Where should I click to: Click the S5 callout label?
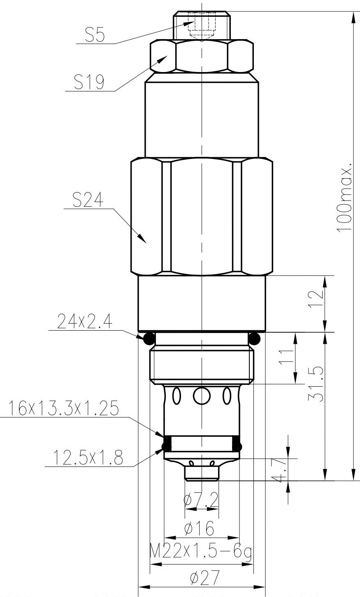click(x=94, y=36)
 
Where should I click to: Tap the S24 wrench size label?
click(x=88, y=201)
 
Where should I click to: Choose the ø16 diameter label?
click(x=200, y=529)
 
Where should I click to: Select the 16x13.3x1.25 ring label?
click(x=62, y=409)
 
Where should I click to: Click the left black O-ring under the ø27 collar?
click(x=149, y=338)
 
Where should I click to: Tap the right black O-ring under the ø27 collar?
click(x=255, y=338)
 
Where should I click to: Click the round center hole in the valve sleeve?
click(x=202, y=396)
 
